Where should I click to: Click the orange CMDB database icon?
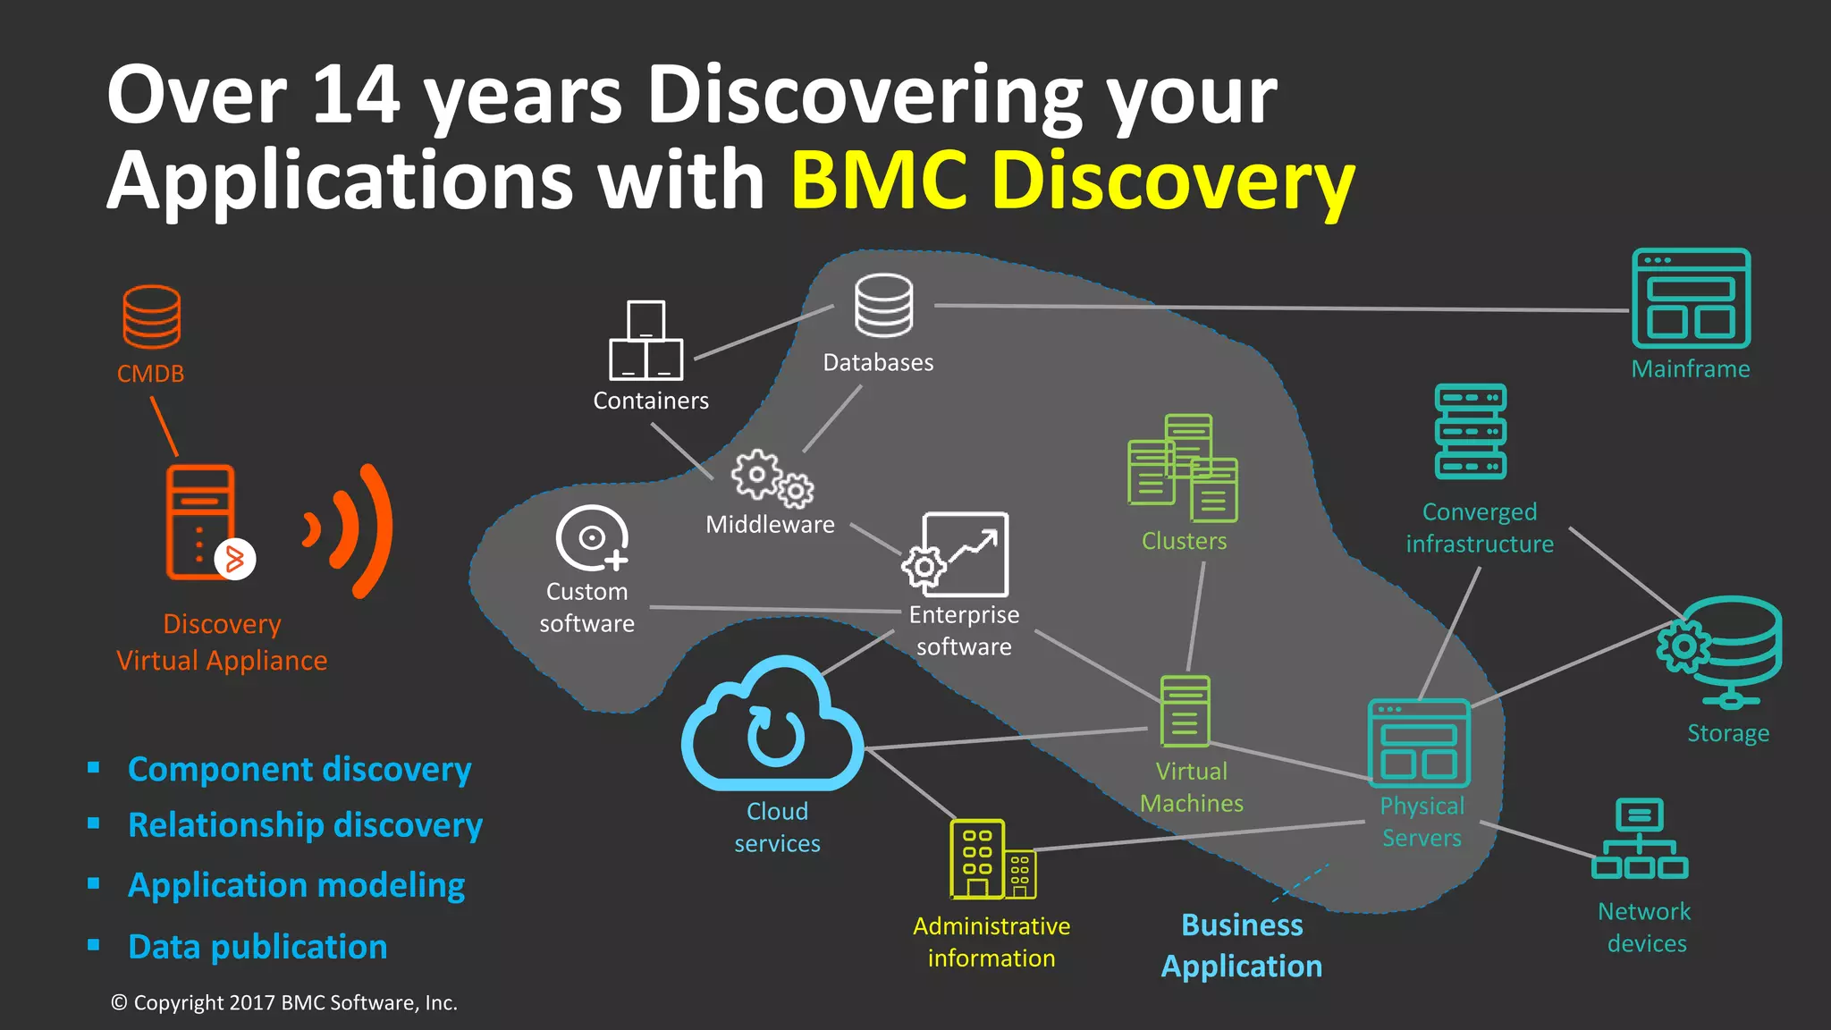coord(151,317)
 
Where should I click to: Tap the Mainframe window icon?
coord(1691,299)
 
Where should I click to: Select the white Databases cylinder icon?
coord(883,305)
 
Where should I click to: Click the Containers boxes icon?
coord(645,342)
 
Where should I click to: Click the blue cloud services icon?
coord(773,726)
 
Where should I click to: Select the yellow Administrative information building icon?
coord(991,859)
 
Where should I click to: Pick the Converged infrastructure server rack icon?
coord(1471,432)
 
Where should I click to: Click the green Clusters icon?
coord(1183,469)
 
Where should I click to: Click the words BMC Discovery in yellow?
coord(1072,180)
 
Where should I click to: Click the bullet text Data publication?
coord(257,947)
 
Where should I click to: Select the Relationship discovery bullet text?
coord(305,824)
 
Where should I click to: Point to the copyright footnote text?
coord(283,1003)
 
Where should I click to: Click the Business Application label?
coord(1241,945)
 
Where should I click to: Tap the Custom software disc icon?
coord(591,538)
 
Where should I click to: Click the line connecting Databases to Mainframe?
coord(1278,308)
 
